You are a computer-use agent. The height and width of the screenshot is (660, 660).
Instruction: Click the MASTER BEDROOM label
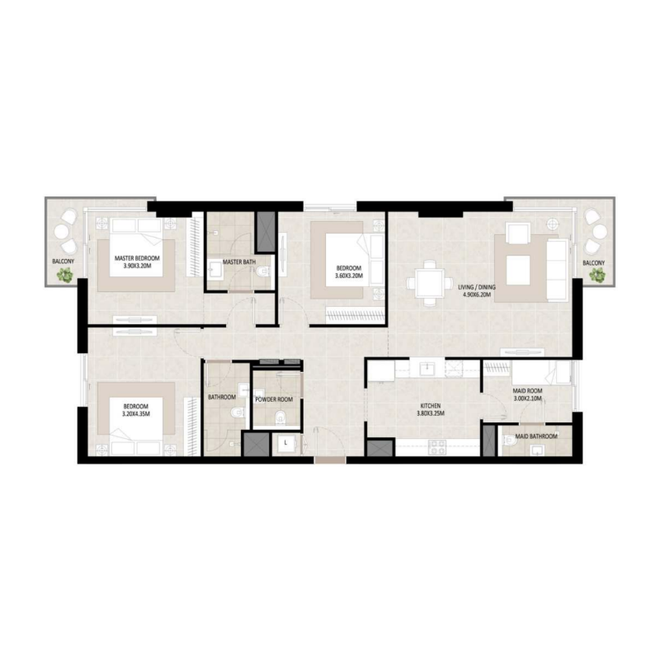(x=137, y=258)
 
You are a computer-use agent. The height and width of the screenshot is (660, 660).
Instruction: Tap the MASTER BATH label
(x=238, y=262)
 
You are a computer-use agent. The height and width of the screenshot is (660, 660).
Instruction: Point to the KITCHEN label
(x=429, y=407)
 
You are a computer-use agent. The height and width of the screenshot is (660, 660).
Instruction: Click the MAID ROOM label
(x=527, y=390)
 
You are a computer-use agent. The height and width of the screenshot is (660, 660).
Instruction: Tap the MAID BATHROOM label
(x=536, y=436)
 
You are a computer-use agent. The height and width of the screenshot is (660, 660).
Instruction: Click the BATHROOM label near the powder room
(x=222, y=397)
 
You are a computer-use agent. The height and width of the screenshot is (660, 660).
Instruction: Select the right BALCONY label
(x=593, y=263)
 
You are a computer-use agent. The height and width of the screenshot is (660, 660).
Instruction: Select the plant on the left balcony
(x=64, y=278)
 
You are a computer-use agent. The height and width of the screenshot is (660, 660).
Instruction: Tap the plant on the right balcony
(x=596, y=278)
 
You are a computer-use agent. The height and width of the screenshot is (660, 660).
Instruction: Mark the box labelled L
(x=285, y=443)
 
